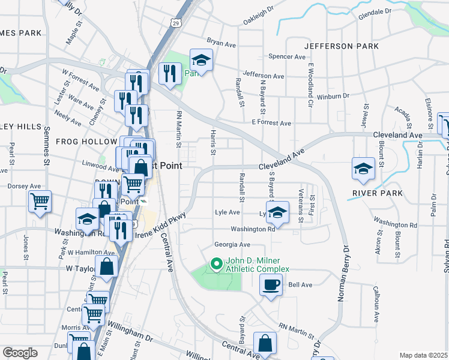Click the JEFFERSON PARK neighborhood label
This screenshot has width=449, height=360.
(x=341, y=46)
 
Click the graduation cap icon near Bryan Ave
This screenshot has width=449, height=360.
(x=201, y=60)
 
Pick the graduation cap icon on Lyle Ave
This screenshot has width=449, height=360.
(x=278, y=212)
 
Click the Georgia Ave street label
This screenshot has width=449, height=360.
(x=232, y=245)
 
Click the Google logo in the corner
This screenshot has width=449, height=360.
(x=20, y=353)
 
